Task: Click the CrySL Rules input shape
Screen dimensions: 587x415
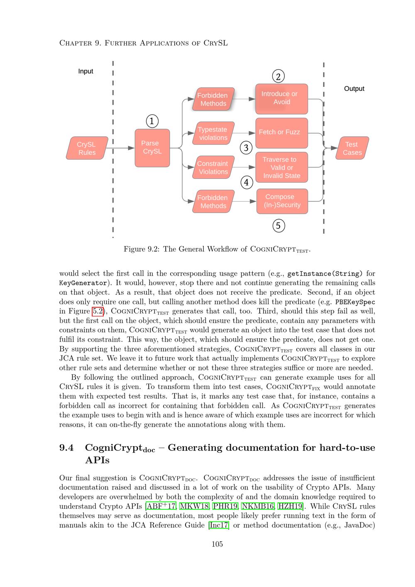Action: pyautogui.click(x=87, y=148)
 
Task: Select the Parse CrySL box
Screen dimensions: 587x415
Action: pyautogui.click(x=152, y=148)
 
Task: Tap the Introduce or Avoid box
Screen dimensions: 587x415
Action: pyautogui.click(x=281, y=98)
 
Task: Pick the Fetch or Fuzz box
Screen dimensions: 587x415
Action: pyautogui.click(x=281, y=133)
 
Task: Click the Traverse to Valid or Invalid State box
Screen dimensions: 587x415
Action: pyautogui.click(x=281, y=168)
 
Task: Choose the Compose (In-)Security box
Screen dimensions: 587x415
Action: pyautogui.click(x=282, y=201)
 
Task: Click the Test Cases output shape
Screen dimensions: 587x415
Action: pyautogui.click(x=352, y=148)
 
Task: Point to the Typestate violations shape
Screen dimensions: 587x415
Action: pyautogui.click(x=213, y=133)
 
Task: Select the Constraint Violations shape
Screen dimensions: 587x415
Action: pyautogui.click(x=213, y=167)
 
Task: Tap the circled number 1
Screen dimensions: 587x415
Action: pyautogui.click(x=152, y=121)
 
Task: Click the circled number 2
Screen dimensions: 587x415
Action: pyautogui.click(x=278, y=76)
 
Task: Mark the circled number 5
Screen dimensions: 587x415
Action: pyautogui.click(x=278, y=226)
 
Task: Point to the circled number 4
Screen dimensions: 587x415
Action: pyautogui.click(x=247, y=182)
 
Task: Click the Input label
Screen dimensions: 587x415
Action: pyautogui.click(x=85, y=71)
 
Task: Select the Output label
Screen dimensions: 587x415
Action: pyautogui.click(x=354, y=89)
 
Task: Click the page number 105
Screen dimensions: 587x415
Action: pyautogui.click(x=217, y=544)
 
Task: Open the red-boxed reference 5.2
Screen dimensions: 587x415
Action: pyautogui.click(x=97, y=311)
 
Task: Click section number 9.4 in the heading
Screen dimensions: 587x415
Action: pyautogui.click(x=66, y=448)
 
